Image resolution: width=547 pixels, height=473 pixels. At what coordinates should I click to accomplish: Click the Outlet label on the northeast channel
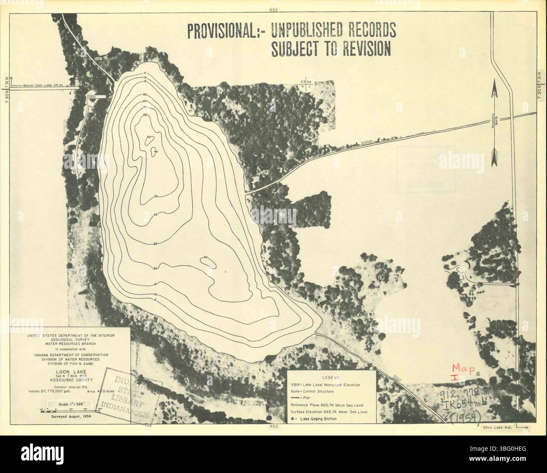[366, 143]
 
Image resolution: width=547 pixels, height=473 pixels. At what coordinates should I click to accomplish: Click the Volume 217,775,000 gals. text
[46, 391]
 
